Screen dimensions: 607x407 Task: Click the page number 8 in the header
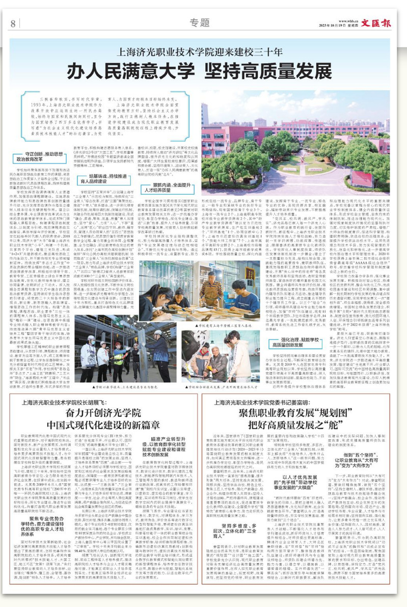tap(12, 22)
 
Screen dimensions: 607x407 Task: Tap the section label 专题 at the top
tap(196, 22)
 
